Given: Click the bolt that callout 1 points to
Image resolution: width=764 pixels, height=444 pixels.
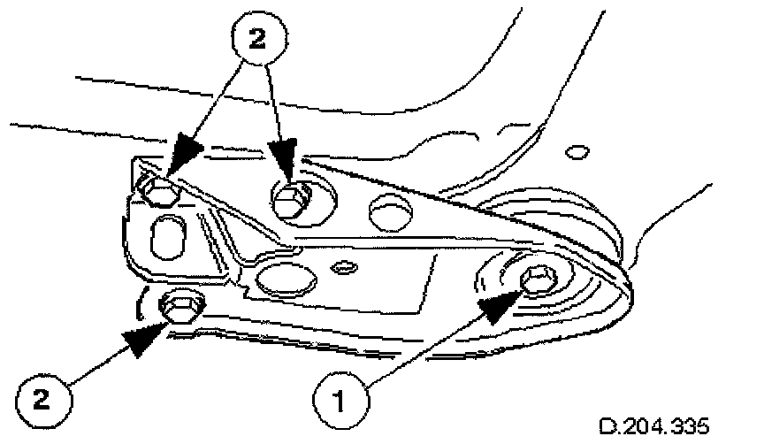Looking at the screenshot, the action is (537, 282).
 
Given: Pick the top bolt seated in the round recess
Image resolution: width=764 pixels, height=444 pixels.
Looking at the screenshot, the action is (290, 202).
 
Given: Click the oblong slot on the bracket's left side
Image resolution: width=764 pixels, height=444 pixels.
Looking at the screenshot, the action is (167, 237).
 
